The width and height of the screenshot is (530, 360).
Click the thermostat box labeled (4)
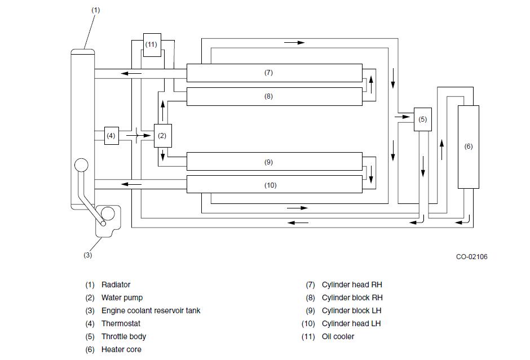112,135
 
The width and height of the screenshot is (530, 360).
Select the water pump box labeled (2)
163,135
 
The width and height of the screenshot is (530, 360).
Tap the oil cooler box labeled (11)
152,45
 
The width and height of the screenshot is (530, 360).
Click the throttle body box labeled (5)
423,119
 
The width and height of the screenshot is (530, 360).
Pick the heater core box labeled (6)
469,147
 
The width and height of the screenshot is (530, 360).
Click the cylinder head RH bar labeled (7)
275,73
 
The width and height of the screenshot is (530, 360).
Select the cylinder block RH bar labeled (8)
275,96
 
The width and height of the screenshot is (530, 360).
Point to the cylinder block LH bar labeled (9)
275,162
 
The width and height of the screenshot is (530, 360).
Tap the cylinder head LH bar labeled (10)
275,184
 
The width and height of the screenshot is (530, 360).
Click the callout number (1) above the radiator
96,10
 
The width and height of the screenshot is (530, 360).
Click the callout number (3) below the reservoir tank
87,255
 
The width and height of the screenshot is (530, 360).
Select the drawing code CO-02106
471,257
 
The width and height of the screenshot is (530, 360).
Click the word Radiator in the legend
116,285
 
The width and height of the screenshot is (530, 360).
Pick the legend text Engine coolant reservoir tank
151,310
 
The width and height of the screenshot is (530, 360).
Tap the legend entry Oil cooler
338,336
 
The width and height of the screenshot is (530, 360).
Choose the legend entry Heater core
121,349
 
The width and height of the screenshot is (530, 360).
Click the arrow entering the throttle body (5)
402,117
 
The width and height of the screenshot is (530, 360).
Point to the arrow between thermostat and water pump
139,135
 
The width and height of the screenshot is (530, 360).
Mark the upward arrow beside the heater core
441,150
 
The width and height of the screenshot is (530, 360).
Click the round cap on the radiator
81,165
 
